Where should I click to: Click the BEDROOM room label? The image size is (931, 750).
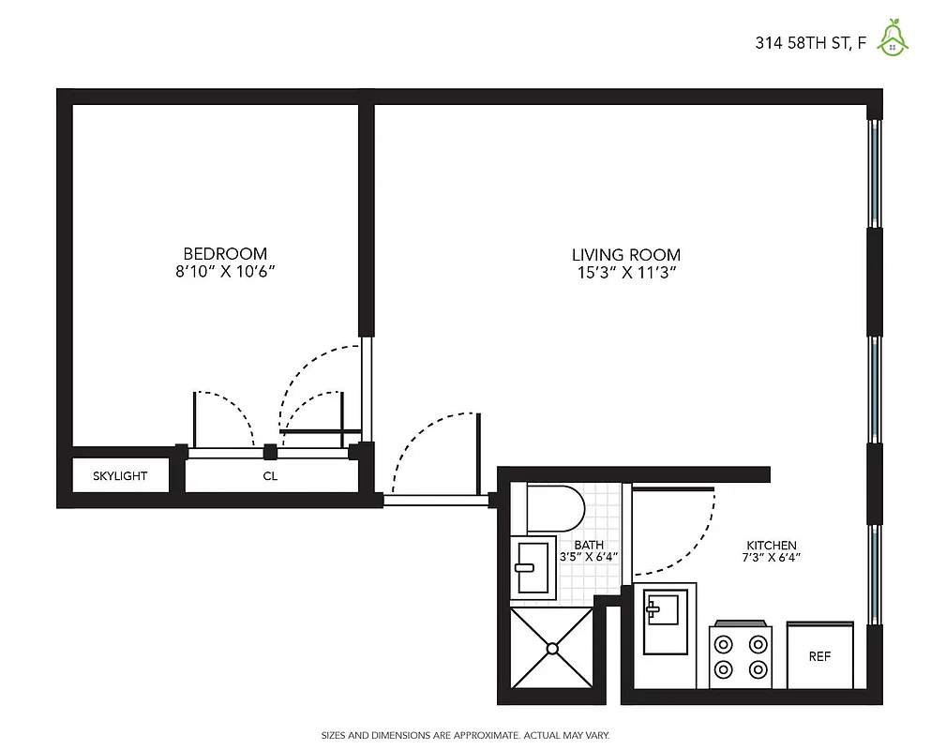click(224, 253)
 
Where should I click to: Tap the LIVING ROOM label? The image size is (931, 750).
click(626, 254)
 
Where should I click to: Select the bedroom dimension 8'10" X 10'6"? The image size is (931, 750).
click(224, 272)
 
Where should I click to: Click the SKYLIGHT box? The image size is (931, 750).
click(120, 475)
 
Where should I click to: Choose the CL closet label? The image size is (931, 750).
click(270, 476)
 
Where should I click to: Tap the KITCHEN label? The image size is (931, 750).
click(771, 545)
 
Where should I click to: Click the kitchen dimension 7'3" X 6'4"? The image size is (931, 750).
click(771, 557)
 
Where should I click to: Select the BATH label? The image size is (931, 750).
click(589, 545)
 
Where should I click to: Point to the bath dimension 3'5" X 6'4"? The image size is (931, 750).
click(589, 557)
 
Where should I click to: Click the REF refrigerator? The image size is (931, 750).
click(819, 656)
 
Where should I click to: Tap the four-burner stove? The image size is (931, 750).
click(740, 656)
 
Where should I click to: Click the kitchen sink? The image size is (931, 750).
click(666, 619)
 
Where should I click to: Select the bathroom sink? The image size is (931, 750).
click(533, 567)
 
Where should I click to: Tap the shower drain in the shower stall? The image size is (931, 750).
click(552, 647)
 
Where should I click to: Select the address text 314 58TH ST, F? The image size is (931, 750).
click(810, 42)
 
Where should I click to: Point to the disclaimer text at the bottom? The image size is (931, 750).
click(465, 735)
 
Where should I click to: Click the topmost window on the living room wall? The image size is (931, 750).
click(874, 172)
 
